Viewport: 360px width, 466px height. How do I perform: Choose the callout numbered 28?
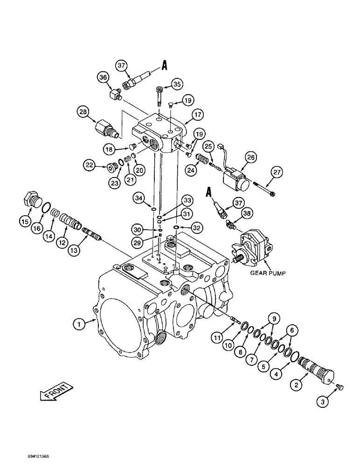[83, 112]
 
